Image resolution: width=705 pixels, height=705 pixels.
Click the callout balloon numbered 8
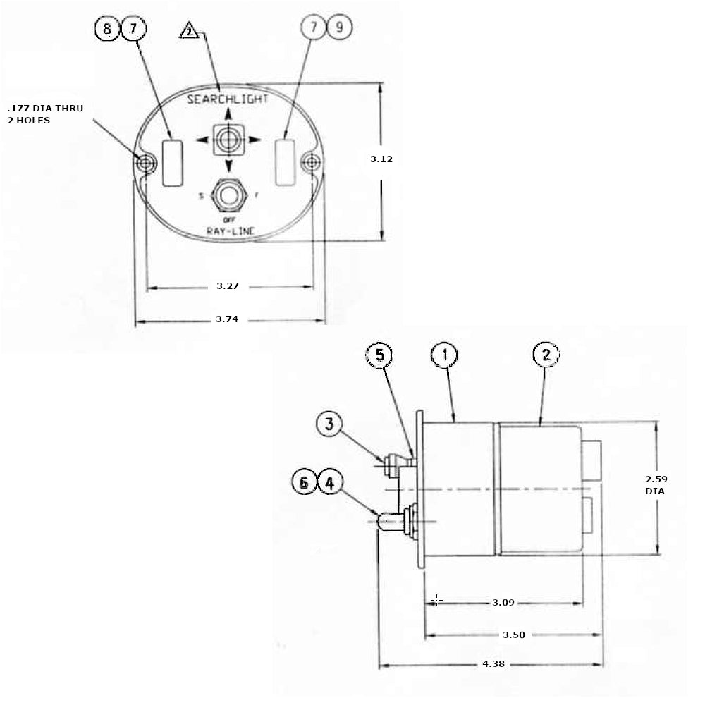pos(107,30)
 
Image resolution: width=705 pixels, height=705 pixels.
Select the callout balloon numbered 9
pos(339,28)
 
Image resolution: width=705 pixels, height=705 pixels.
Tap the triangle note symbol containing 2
pos(190,32)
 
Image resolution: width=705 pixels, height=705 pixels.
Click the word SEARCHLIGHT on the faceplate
pos(228,99)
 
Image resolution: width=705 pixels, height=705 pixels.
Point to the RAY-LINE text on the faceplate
pos(230,231)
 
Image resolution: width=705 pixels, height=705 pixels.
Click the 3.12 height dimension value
pos(381,159)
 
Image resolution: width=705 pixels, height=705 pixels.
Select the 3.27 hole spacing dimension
pos(228,286)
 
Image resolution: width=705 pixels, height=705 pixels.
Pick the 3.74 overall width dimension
pos(228,319)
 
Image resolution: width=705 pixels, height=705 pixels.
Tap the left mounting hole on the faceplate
pos(145,164)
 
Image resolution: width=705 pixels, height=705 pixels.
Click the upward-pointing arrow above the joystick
pos(228,115)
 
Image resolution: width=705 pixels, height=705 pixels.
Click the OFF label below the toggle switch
pos(228,220)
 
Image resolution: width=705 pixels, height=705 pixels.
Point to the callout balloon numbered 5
pos(380,355)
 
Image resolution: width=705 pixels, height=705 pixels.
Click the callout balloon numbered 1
pos(445,355)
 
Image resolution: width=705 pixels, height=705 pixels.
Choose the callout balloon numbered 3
pos(329,424)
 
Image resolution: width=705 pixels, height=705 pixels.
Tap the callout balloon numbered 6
pos(305,483)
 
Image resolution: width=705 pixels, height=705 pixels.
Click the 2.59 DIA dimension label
pos(656,484)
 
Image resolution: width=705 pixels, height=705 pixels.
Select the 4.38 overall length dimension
pos(493,664)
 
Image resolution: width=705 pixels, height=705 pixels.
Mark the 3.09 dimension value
pos(503,603)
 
